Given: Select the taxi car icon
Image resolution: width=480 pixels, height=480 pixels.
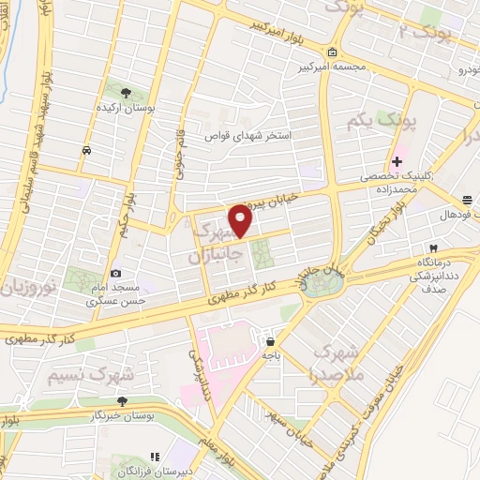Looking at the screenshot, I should (86, 150).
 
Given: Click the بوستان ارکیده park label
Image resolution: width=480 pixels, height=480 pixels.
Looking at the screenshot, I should (127, 108).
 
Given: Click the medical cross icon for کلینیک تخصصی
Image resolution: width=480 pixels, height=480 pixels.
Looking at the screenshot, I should (397, 161).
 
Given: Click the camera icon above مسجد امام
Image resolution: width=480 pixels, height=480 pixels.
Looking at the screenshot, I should (115, 273).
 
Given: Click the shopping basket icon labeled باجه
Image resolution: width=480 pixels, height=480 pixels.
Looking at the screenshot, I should (271, 342).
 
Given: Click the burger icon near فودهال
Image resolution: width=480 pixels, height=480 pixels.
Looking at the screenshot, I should (467, 200).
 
